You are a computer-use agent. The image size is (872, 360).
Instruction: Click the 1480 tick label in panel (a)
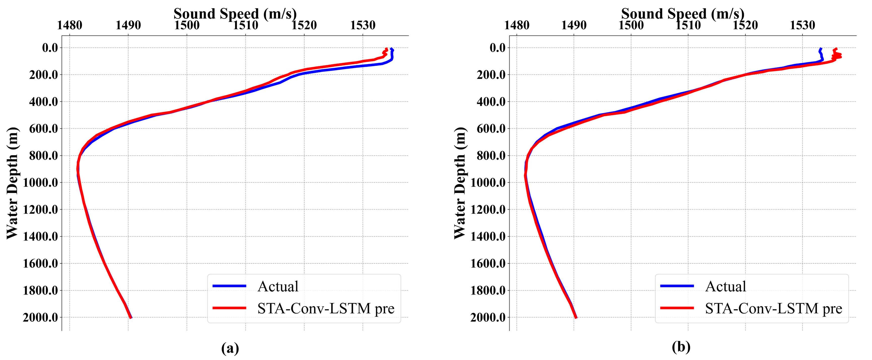pos(69,25)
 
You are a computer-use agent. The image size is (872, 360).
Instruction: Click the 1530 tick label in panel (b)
pos(803,25)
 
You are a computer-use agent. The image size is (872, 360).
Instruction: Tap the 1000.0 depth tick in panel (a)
pos(40,183)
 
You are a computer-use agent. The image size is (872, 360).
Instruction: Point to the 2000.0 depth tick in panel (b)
pos(488,318)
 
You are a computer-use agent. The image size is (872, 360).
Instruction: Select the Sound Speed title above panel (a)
pos(235,14)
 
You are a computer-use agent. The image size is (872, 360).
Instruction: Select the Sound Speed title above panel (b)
pos(682,14)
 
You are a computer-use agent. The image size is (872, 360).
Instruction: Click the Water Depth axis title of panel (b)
pos(460,183)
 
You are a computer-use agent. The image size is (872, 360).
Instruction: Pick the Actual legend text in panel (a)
pos(278,286)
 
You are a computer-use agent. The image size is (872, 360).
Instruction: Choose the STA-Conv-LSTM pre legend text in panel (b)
pos(774,309)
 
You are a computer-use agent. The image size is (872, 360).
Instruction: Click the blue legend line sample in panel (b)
pos(677,286)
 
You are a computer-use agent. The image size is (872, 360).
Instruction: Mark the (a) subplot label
pos(230,348)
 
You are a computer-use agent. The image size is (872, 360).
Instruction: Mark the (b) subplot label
pos(681,347)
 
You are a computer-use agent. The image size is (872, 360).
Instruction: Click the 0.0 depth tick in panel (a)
pos(50,48)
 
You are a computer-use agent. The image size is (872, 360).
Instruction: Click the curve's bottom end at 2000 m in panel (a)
pos(131,317)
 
